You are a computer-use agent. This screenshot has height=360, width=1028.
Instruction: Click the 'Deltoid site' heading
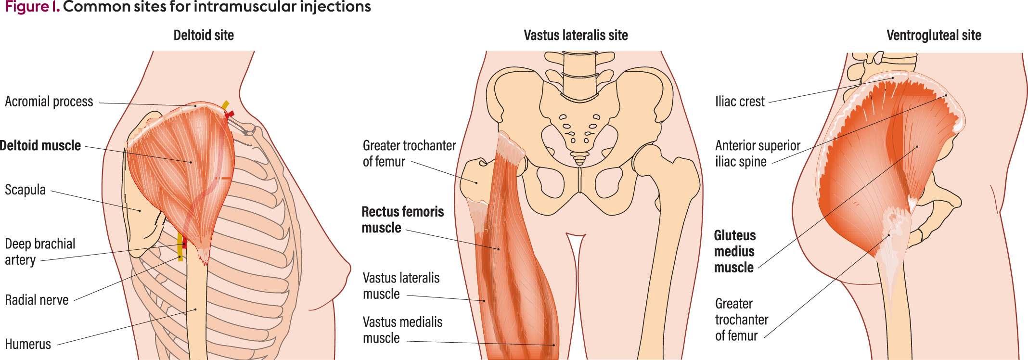[x=204, y=35]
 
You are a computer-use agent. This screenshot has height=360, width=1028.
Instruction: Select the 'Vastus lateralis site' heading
[x=576, y=35]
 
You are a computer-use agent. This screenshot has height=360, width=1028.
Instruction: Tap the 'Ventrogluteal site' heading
[x=934, y=35]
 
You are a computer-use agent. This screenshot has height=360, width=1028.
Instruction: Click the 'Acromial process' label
[x=49, y=102]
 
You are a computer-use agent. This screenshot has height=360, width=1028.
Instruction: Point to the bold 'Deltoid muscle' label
[x=40, y=145]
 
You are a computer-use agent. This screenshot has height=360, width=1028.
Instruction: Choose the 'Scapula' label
[x=25, y=190]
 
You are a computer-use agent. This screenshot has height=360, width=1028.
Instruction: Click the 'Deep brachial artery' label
[x=40, y=252]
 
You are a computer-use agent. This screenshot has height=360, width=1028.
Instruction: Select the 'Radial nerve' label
[x=37, y=300]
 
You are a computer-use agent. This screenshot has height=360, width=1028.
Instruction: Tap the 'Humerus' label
[x=28, y=344]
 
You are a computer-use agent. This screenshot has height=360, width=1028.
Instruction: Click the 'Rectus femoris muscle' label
[x=403, y=219]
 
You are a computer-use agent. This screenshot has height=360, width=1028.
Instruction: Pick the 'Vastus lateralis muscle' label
[x=401, y=286]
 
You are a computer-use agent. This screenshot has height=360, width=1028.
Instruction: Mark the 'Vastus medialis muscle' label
[x=402, y=330]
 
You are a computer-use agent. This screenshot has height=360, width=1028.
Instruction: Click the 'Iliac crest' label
[x=740, y=102]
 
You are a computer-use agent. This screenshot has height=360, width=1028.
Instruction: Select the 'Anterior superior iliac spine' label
[x=758, y=154]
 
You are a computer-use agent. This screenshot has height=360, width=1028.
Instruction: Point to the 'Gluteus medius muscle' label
[x=734, y=251]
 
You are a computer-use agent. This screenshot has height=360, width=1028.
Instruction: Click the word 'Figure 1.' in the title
[x=32, y=7]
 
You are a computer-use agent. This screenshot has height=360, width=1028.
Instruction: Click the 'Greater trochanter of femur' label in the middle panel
[x=409, y=154]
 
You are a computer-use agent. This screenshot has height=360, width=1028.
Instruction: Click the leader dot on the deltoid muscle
[x=191, y=162]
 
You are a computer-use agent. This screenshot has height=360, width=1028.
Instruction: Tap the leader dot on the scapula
[x=140, y=211]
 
